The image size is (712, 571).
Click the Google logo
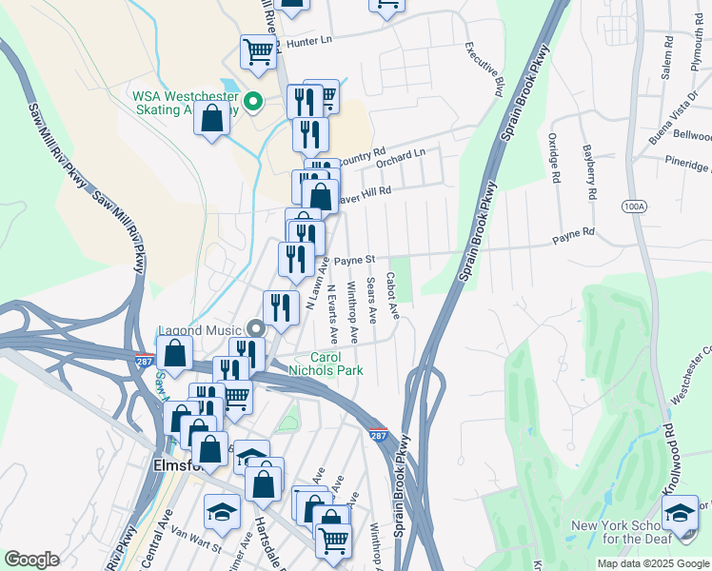31,560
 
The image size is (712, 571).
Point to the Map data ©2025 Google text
652,563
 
